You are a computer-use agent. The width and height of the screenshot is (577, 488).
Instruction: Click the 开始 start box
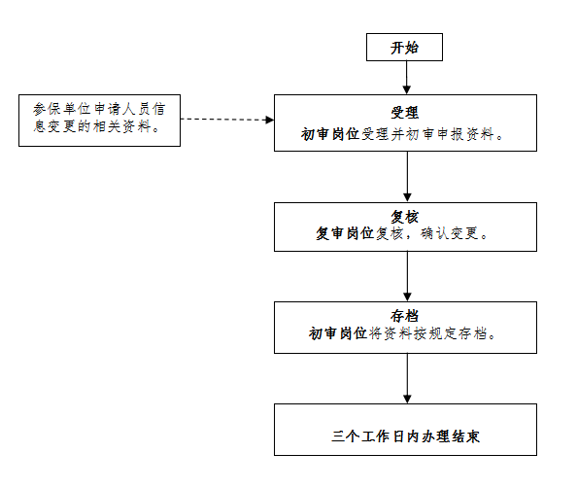pos(404,47)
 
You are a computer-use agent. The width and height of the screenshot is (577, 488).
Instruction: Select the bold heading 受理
pos(405,113)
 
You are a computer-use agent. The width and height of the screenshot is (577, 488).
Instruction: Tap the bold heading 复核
pos(405,217)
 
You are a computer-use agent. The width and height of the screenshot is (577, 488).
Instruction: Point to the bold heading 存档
pos(405,316)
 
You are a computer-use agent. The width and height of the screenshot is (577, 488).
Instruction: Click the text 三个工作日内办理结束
pos(405,436)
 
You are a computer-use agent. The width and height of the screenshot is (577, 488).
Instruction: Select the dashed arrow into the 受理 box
pos(227,120)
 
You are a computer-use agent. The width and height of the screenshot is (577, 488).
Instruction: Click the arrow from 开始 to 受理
pos(407,78)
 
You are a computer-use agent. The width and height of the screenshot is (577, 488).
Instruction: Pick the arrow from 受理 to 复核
pos(407,177)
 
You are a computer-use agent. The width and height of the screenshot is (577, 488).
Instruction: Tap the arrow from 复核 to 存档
pos(407,277)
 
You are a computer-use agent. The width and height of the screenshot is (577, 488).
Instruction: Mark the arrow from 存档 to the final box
pos(407,378)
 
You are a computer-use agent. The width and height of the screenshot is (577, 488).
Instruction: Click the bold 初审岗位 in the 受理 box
pos(330,134)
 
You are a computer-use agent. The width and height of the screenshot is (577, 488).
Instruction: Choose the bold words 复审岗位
pos(345,233)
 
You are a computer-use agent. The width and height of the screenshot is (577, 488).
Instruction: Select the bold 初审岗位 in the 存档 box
pos(338,333)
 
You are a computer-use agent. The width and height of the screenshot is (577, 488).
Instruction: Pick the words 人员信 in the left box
pos(144,109)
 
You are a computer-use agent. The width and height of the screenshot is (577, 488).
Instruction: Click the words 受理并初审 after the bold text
pos(398,134)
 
